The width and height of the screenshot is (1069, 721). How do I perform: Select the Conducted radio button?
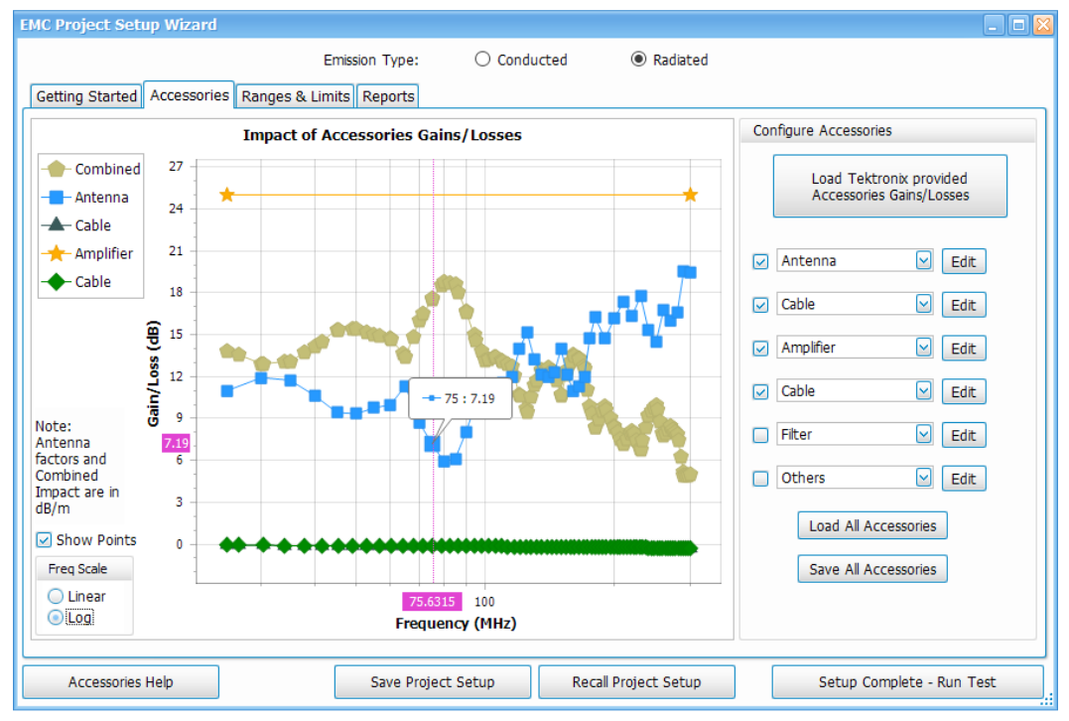tap(482, 60)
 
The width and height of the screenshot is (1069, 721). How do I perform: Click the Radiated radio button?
tap(638, 60)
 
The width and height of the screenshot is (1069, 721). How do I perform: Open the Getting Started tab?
tap(86, 96)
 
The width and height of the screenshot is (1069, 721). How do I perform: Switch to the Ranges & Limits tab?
tap(296, 96)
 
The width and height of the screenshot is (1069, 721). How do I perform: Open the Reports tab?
tap(388, 96)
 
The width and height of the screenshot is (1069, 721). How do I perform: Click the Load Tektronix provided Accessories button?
tap(889, 187)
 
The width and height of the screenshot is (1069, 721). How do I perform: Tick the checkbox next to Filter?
tap(760, 435)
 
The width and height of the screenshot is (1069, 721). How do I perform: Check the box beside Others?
tap(760, 479)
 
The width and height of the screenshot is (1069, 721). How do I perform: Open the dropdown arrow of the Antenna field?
tap(923, 261)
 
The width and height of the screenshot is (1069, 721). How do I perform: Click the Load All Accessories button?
tap(872, 526)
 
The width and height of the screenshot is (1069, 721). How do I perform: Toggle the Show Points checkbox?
tap(44, 540)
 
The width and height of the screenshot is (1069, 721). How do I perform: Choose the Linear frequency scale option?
tap(56, 597)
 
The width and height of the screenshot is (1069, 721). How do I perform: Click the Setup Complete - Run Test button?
tap(907, 682)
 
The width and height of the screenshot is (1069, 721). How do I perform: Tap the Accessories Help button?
tap(120, 682)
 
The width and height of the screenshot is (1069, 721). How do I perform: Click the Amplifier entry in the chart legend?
tap(103, 253)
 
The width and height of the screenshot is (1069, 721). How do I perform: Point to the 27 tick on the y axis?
tap(176, 166)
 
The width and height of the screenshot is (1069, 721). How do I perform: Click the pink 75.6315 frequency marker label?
tap(432, 601)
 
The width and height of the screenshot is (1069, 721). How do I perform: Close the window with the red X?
tap(1042, 25)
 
